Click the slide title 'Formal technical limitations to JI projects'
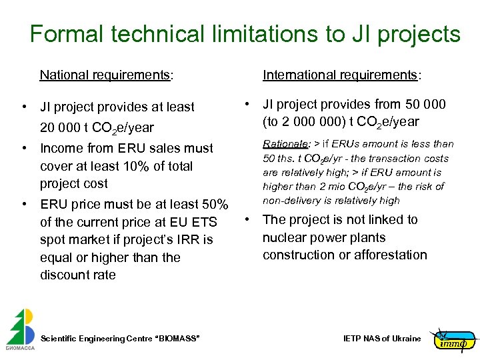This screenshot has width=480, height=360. (245, 34)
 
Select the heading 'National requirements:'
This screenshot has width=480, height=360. (106, 75)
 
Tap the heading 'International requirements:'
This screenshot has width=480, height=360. (341, 75)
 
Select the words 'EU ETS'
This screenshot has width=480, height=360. (204, 222)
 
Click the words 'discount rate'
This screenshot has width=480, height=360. (77, 275)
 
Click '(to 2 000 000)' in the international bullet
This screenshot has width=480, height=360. (304, 121)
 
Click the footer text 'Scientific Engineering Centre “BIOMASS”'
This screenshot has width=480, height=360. (120, 339)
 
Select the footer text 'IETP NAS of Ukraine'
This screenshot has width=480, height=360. (382, 339)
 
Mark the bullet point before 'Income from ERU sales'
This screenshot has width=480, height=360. (23, 148)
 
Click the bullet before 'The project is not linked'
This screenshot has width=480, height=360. (246, 219)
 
